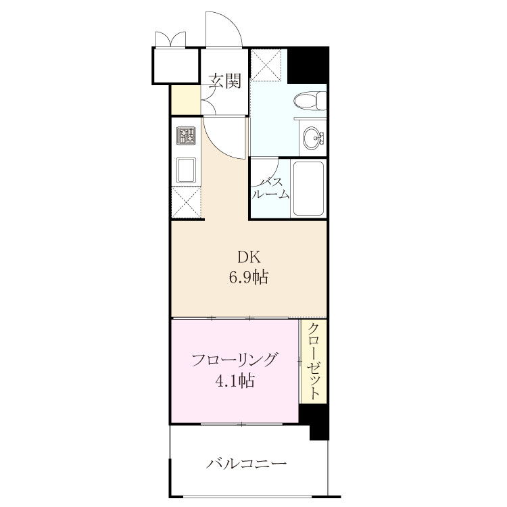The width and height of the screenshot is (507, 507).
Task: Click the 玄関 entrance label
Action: pyautogui.click(x=224, y=81)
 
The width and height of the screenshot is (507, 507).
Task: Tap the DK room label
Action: pyautogui.click(x=249, y=258)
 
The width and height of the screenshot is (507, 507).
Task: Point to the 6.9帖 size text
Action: pyautogui.click(x=249, y=277)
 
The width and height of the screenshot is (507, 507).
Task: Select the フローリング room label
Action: pyautogui.click(x=235, y=360)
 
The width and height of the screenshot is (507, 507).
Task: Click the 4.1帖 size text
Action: pyautogui.click(x=235, y=381)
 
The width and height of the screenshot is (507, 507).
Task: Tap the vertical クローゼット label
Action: pyautogui.click(x=314, y=361)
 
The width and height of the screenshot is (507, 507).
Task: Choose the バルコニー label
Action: pyautogui.click(x=246, y=464)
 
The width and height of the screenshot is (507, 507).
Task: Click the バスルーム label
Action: pyautogui.click(x=270, y=188)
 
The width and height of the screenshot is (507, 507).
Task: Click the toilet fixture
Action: pyautogui.click(x=310, y=101)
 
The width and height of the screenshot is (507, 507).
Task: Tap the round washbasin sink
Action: pyautogui.click(x=313, y=138)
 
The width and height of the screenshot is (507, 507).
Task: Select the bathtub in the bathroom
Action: pyautogui.click(x=308, y=189)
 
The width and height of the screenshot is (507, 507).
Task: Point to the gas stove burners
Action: pyautogui.click(x=186, y=135)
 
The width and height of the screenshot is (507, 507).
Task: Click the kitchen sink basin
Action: pyautogui.click(x=186, y=170)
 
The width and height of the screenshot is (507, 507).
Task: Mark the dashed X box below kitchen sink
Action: pyautogui.click(x=187, y=202)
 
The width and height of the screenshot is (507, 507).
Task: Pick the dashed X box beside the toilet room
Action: pyautogui.click(x=266, y=65)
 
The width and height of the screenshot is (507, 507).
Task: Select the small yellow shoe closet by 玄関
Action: pyautogui.click(x=186, y=99)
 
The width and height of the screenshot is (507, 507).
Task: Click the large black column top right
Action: pyautogui.click(x=308, y=65)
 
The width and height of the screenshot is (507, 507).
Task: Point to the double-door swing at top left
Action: pyautogui.click(x=171, y=39)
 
